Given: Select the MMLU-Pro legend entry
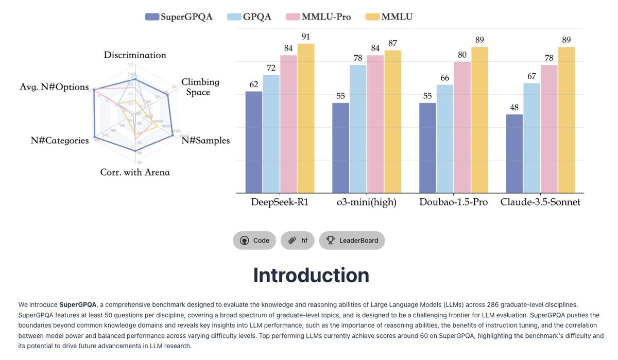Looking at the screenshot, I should point(318,16).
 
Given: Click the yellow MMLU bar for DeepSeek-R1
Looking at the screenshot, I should point(305,118).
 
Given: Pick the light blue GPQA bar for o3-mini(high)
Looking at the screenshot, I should point(358,129).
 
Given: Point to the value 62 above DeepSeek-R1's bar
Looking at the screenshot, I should point(253,84).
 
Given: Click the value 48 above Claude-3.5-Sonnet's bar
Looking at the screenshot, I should point(514,108).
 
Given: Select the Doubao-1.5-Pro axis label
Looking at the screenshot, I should point(454,202).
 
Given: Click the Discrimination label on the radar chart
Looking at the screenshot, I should point(135,55).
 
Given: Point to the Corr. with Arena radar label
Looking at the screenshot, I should point(135,172).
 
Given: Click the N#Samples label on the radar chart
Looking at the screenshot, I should point(205,141).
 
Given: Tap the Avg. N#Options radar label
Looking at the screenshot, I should point(54,87).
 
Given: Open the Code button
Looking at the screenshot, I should point(254,241).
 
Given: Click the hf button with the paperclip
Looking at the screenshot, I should point(297,241).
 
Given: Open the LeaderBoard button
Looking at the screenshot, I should point(352,241).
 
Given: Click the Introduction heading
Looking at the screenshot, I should point(311,275).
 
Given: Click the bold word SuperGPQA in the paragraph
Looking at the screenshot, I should point(78,305).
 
